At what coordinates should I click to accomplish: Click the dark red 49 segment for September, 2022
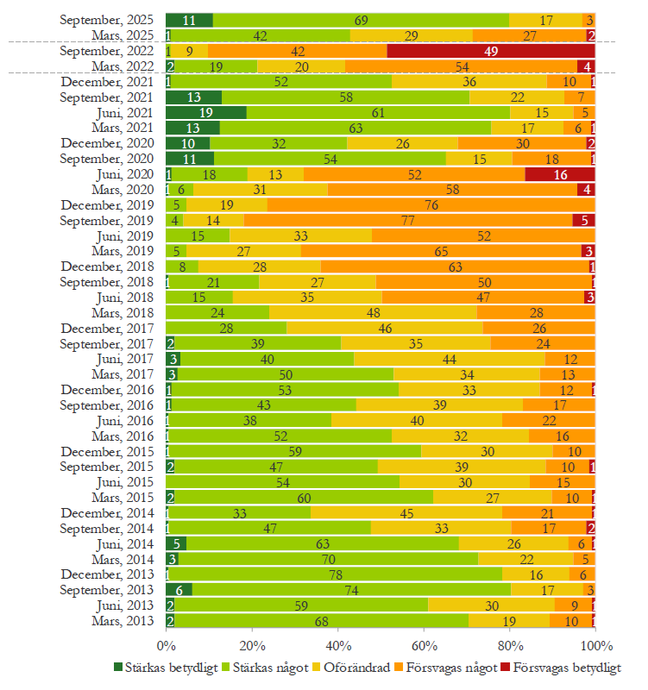(x=491, y=51)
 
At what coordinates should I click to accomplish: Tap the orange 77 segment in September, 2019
(x=408, y=220)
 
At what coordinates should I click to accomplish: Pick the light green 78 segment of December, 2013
(x=333, y=574)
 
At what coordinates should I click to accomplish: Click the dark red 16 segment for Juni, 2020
(x=560, y=174)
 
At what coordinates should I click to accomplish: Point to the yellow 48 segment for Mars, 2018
(x=373, y=311)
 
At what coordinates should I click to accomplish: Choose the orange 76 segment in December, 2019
(x=431, y=204)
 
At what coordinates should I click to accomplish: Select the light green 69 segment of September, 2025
(x=361, y=20)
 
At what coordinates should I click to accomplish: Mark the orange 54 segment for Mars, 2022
(x=462, y=66)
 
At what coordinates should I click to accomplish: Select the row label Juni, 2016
(x=126, y=420)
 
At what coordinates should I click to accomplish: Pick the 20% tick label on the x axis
(x=251, y=645)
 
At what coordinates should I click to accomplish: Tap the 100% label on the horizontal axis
(x=595, y=645)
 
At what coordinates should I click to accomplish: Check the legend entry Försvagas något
(x=456, y=667)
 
